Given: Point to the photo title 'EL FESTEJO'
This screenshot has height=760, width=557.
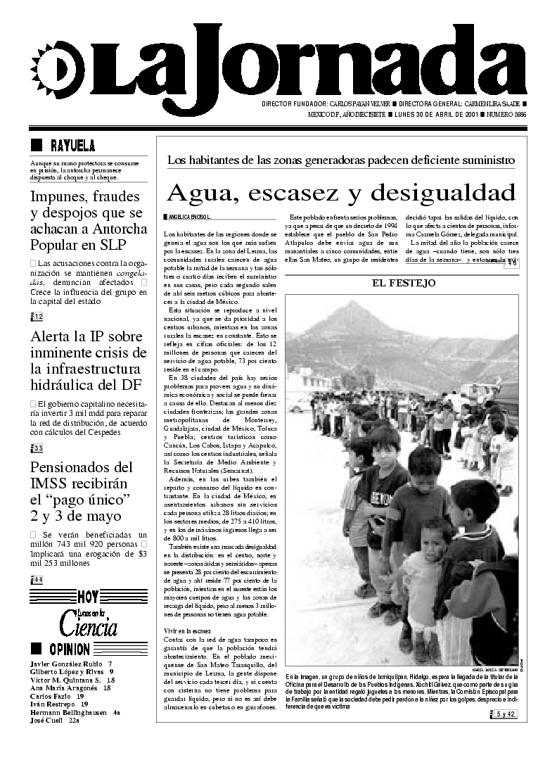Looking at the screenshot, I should coord(404,283).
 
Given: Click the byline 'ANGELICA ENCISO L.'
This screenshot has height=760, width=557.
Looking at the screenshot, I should coord(188,215).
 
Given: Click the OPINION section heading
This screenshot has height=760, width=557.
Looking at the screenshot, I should coord(68,650).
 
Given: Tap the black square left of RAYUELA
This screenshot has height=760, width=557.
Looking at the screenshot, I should coord(36,146).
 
